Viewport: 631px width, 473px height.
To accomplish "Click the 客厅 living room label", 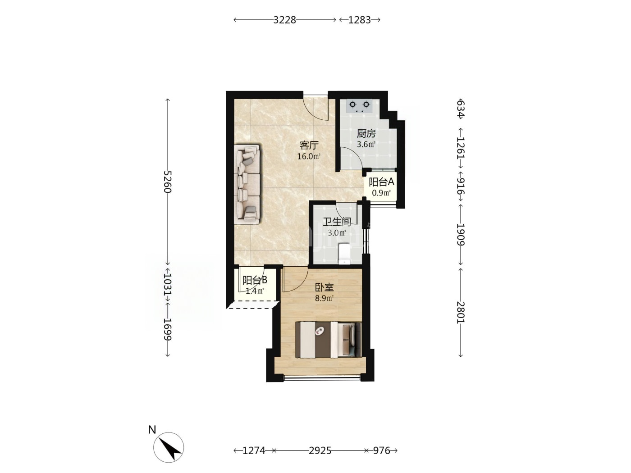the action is [x=309, y=146].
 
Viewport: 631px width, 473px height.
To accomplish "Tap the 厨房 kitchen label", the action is [x=366, y=133].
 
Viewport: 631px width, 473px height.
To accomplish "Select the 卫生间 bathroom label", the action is [x=337, y=222].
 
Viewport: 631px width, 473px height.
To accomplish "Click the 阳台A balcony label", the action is [x=381, y=182].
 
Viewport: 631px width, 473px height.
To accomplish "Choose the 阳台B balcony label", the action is [x=255, y=280].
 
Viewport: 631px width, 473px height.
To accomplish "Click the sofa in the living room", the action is [x=247, y=184].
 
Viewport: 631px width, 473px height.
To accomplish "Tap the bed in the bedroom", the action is [x=328, y=340].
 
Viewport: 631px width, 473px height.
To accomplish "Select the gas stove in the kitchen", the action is [x=359, y=106].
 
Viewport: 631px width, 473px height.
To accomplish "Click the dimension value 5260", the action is [x=167, y=182].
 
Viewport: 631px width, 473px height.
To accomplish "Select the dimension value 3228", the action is [x=284, y=20].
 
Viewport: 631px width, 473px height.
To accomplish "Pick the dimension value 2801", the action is [x=461, y=312].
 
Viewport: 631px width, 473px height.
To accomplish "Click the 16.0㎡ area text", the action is [x=309, y=156].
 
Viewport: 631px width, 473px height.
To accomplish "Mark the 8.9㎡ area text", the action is [x=324, y=298].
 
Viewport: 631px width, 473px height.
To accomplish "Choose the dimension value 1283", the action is [x=359, y=20].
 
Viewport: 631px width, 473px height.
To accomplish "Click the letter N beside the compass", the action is [x=152, y=430].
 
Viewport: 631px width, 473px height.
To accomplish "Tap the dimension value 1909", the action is [x=461, y=234].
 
